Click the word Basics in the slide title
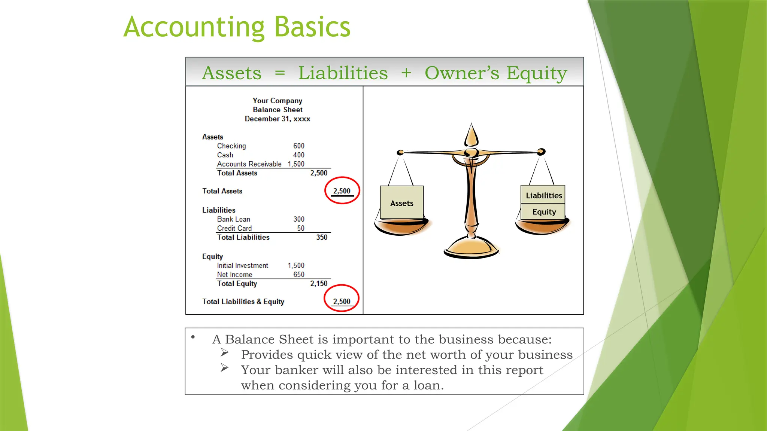coord(312,27)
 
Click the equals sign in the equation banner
coord(280,73)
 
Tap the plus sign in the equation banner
coord(406,73)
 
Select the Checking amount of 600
coord(298,146)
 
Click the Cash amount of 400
coord(298,155)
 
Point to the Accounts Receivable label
coord(249,164)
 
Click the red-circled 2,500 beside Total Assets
coord(342,191)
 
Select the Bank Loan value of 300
coord(298,219)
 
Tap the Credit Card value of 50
coord(301,228)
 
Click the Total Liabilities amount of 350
coord(321,237)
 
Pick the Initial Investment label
coord(242,266)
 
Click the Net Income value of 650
coord(298,275)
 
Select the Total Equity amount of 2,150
coord(318,284)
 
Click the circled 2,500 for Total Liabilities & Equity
coord(342,302)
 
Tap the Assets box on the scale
coord(401,202)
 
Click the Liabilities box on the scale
coord(543,195)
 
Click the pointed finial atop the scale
coord(471,135)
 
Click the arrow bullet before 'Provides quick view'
coord(224,353)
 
